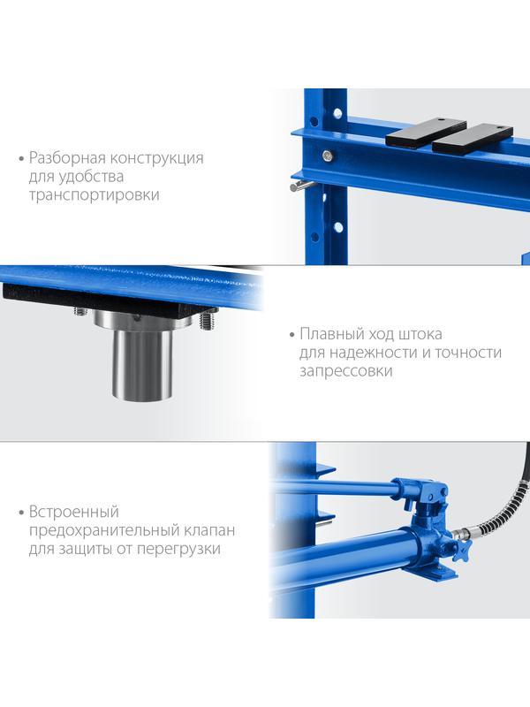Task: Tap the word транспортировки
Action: click(94, 195)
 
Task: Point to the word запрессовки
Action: click(345, 371)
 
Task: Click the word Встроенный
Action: click(74, 512)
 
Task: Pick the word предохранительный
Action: click(104, 531)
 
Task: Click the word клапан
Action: click(209, 530)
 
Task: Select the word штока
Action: click(420, 335)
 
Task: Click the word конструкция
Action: click(157, 158)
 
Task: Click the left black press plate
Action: click(425, 132)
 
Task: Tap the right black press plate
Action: click(473, 140)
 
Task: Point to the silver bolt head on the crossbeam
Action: click(328, 156)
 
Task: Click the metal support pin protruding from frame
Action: click(300, 186)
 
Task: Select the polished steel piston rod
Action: click(142, 363)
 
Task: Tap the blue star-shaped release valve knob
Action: click(460, 550)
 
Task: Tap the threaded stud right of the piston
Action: click(206, 322)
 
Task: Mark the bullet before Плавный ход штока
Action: click(291, 335)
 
